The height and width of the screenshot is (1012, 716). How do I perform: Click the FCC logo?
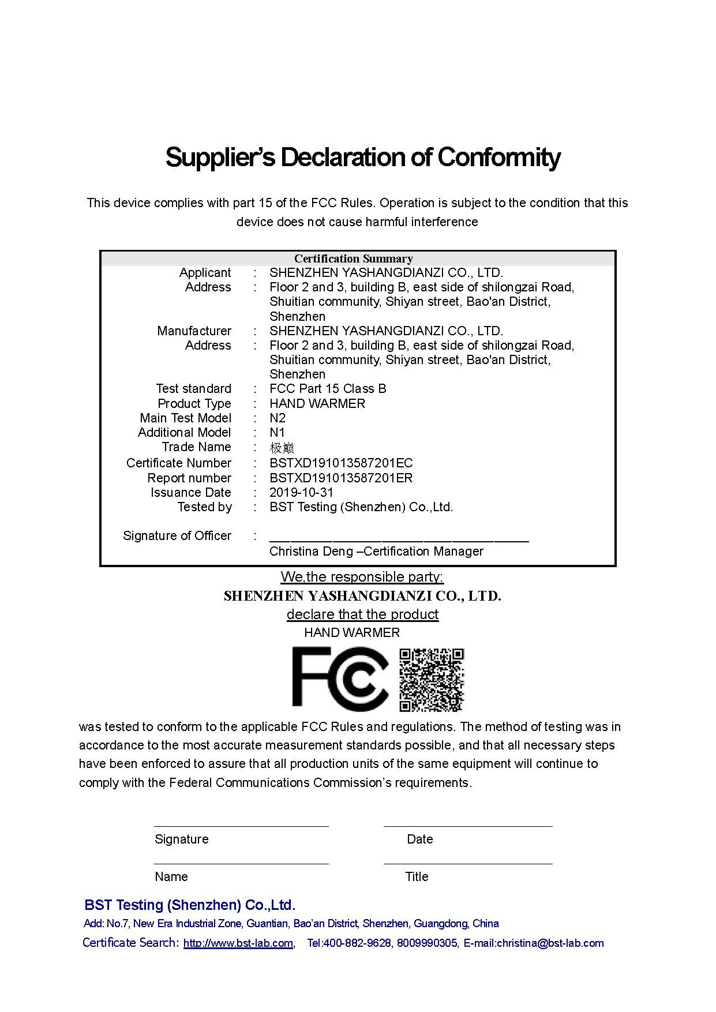pyautogui.click(x=339, y=679)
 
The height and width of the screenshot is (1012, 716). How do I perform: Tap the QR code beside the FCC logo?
pyautogui.click(x=432, y=680)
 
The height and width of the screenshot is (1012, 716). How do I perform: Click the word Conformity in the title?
pyautogui.click(x=498, y=157)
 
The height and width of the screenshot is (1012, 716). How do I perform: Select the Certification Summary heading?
pyautogui.click(x=353, y=258)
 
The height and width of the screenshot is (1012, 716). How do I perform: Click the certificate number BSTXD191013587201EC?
pyautogui.click(x=341, y=463)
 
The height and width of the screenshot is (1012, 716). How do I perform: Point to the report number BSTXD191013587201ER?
pyautogui.click(x=341, y=478)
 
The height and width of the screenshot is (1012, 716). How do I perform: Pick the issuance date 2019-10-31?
pyautogui.click(x=301, y=492)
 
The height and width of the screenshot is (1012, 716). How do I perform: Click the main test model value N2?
pyautogui.click(x=278, y=418)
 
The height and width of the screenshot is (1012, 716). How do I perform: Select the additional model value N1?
pyautogui.click(x=278, y=432)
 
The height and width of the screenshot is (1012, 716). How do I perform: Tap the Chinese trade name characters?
pyautogui.click(x=282, y=448)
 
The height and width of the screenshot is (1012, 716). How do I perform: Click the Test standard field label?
pyautogui.click(x=193, y=388)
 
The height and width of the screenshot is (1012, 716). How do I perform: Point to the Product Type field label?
pyautogui.click(x=194, y=403)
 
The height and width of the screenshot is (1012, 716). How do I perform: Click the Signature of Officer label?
pyautogui.click(x=177, y=535)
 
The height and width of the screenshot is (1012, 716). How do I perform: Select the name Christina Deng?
pyautogui.click(x=311, y=551)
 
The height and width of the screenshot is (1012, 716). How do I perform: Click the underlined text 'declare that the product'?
pyautogui.click(x=362, y=614)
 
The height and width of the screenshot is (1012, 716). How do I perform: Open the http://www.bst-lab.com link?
pyautogui.click(x=238, y=943)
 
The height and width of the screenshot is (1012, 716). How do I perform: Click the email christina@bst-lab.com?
pyautogui.click(x=550, y=943)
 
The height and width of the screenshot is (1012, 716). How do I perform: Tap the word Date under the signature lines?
pyautogui.click(x=419, y=839)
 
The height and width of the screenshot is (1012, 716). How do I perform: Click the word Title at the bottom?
pyautogui.click(x=417, y=876)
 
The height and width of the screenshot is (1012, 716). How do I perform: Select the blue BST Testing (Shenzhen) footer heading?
pyautogui.click(x=190, y=905)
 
